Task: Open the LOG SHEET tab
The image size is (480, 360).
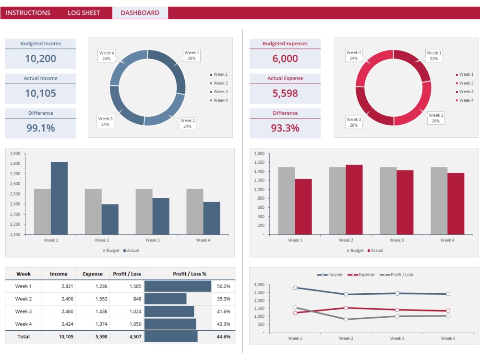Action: point(84,13)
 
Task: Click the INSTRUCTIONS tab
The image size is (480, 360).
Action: point(28,13)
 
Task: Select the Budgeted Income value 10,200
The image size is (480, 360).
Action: point(40,59)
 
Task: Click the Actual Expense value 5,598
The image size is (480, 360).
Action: point(285,93)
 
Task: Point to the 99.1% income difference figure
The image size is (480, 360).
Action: point(40,128)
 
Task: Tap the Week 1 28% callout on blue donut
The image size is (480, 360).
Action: point(192,55)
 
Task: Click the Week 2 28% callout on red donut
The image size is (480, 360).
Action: point(435,118)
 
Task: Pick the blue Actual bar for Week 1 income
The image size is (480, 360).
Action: point(59,198)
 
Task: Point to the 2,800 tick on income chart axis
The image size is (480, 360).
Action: point(15,164)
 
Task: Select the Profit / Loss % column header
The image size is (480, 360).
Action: point(189,274)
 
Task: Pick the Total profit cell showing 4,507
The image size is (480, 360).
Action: point(127,337)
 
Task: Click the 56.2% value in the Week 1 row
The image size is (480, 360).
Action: point(223,286)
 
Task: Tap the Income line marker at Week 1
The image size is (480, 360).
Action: point(295,288)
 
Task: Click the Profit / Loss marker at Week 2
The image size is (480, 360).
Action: point(346,319)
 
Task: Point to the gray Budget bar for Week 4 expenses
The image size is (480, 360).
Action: point(439,201)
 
